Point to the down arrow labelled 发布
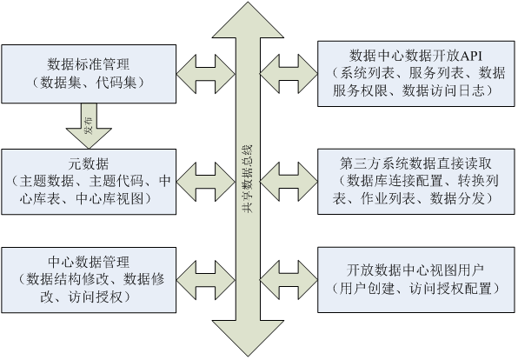point(89,128)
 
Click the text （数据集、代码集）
point(90,83)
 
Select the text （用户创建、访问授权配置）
point(413,288)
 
